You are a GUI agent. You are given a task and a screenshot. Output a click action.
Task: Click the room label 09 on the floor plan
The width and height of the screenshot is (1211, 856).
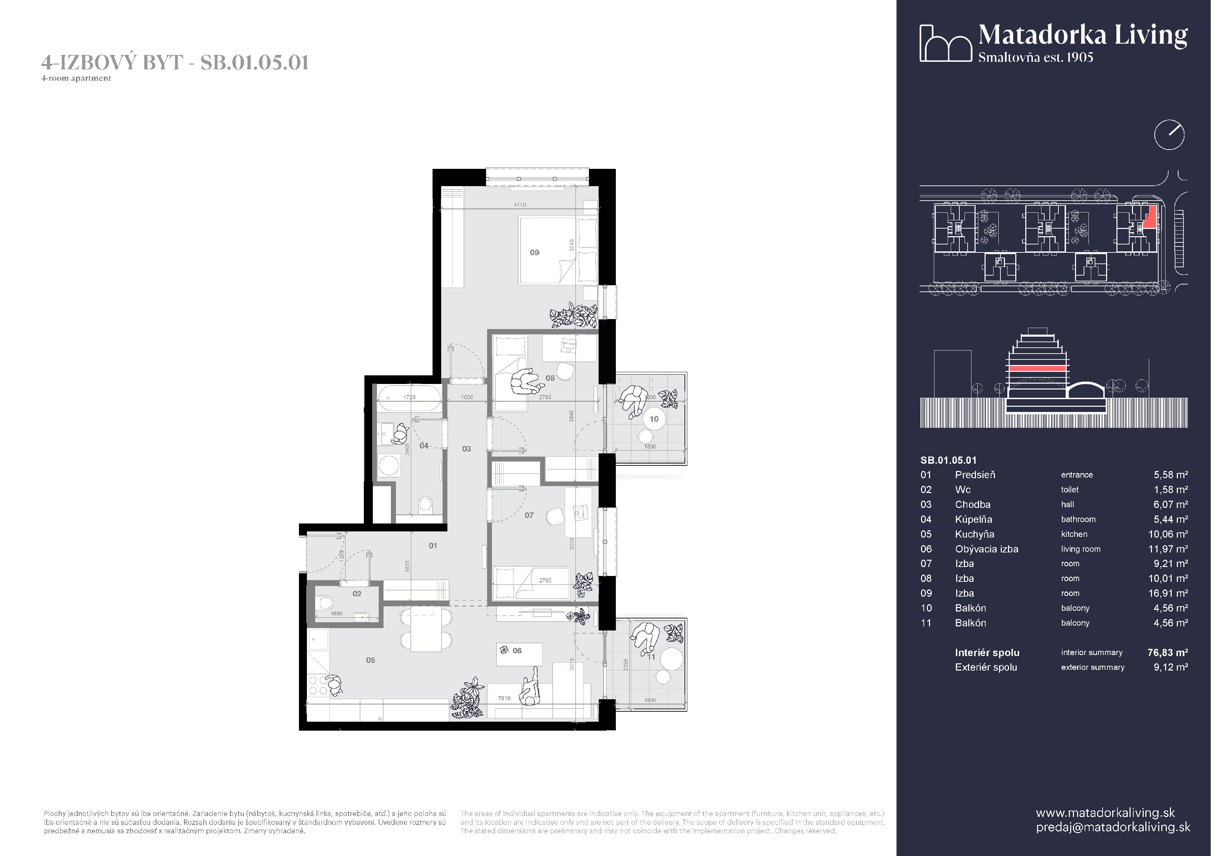534,253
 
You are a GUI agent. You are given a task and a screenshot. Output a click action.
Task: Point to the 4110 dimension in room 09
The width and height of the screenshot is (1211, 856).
520,205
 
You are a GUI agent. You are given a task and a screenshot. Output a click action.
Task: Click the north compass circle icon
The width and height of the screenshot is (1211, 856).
1169,134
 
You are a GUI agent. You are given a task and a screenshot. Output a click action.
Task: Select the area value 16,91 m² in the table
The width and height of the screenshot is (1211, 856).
1168,593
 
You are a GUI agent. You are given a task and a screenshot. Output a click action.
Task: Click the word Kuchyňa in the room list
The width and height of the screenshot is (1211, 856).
974,534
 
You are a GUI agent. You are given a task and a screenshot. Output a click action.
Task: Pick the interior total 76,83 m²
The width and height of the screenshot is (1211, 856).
1167,652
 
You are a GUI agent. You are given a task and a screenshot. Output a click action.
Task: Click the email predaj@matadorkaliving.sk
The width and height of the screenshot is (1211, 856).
1113,827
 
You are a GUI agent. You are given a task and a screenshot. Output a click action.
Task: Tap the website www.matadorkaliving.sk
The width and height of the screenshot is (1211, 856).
1105,813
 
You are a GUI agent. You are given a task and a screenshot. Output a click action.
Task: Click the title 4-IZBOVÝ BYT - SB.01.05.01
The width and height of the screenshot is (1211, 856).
175,62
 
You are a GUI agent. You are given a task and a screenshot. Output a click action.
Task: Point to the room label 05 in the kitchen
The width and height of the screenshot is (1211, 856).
370,660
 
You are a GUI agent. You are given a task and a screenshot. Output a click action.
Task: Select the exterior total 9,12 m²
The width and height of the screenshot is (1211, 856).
1170,667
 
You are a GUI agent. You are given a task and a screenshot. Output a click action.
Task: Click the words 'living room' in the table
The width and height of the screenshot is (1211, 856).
1081,549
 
